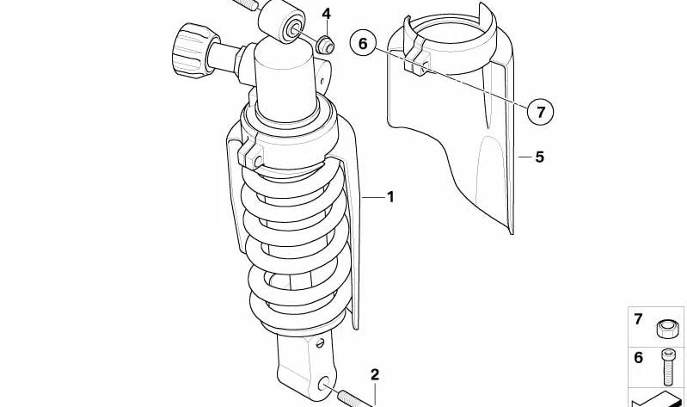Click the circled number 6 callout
(x=363, y=43)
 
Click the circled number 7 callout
(x=540, y=111)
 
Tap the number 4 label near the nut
(x=327, y=14)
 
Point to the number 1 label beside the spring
(x=390, y=197)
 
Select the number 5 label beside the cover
(x=539, y=157)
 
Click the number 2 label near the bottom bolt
(x=375, y=375)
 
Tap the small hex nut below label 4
(x=326, y=45)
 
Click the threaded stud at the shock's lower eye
(x=353, y=398)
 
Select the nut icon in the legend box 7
(x=667, y=328)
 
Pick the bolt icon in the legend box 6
(x=666, y=367)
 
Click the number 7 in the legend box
(x=638, y=319)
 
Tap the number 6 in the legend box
(x=638, y=358)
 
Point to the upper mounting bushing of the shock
(x=282, y=21)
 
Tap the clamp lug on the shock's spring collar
(x=250, y=155)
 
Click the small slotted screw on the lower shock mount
(x=320, y=342)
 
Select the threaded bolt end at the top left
(x=245, y=4)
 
